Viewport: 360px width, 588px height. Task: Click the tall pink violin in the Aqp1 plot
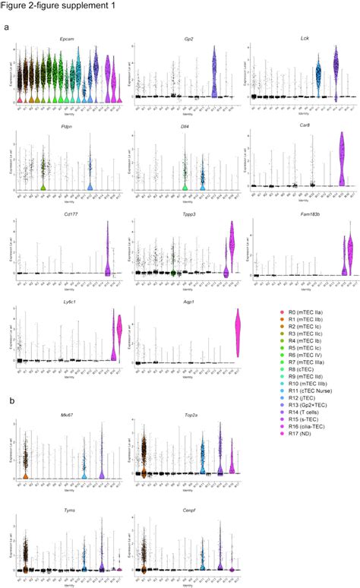coord(238,334)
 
